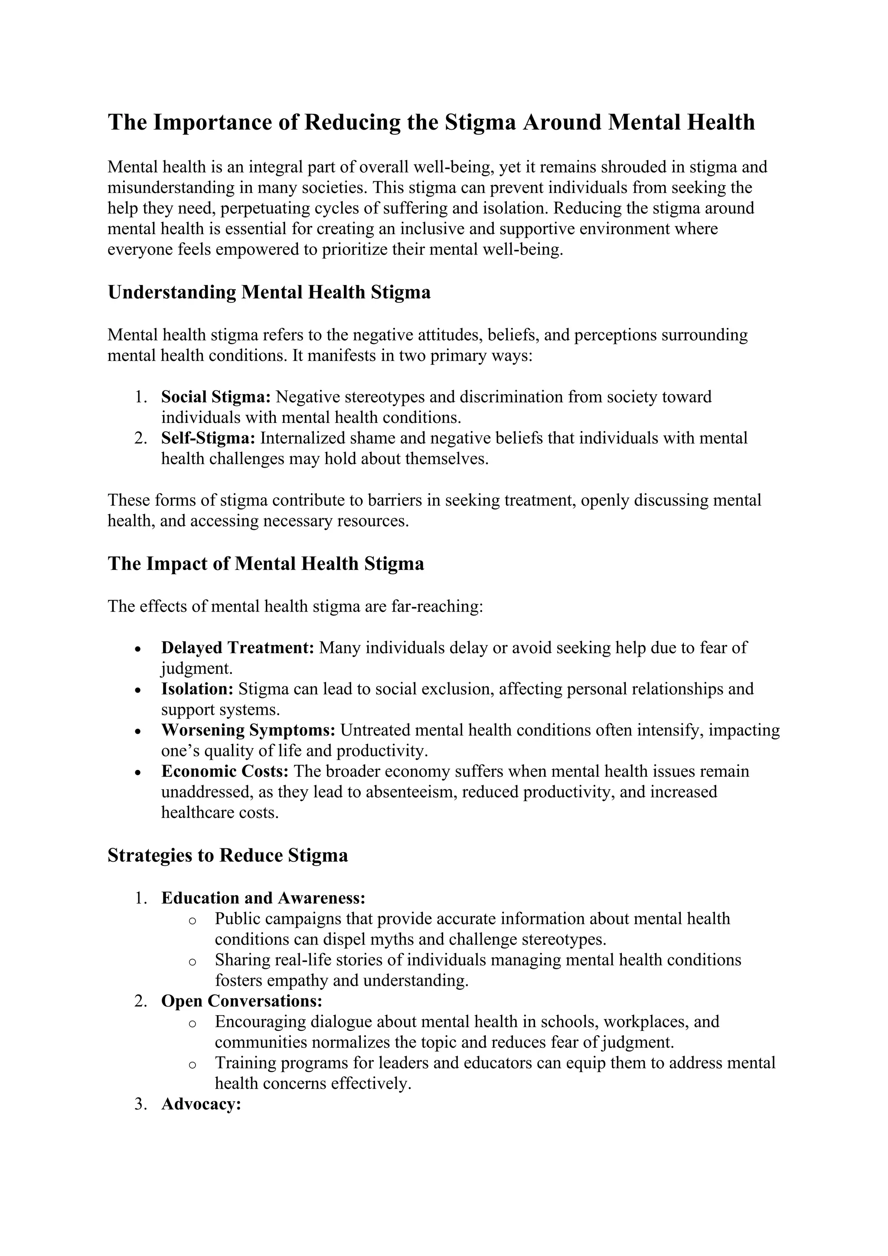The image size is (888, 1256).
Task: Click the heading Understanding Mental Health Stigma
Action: [269, 292]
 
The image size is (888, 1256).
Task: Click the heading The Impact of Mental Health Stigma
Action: [266, 564]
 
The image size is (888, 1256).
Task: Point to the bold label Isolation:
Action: [197, 689]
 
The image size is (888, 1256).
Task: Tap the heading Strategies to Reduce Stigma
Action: [228, 856]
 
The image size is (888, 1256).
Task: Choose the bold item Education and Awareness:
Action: [263, 898]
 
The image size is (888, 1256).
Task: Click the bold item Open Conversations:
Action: [242, 1001]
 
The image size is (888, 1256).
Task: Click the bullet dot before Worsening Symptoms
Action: [138, 731]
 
